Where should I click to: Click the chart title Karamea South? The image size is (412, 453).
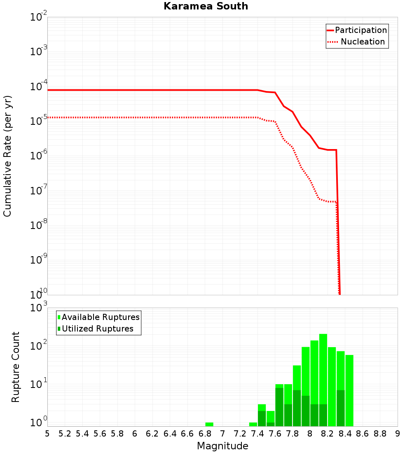206,6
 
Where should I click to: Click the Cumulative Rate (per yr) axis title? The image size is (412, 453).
7,156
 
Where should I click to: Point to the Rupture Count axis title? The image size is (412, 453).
16,367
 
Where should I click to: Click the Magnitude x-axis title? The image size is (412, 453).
222,446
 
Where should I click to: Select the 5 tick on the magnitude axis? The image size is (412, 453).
47,434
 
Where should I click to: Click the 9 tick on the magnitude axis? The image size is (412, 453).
398,434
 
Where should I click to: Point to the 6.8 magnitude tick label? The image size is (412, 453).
205,434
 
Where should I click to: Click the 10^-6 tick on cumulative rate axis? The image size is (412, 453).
39,156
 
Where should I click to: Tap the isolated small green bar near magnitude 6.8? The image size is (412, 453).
209,424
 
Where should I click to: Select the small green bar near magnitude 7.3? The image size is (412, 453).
253,424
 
